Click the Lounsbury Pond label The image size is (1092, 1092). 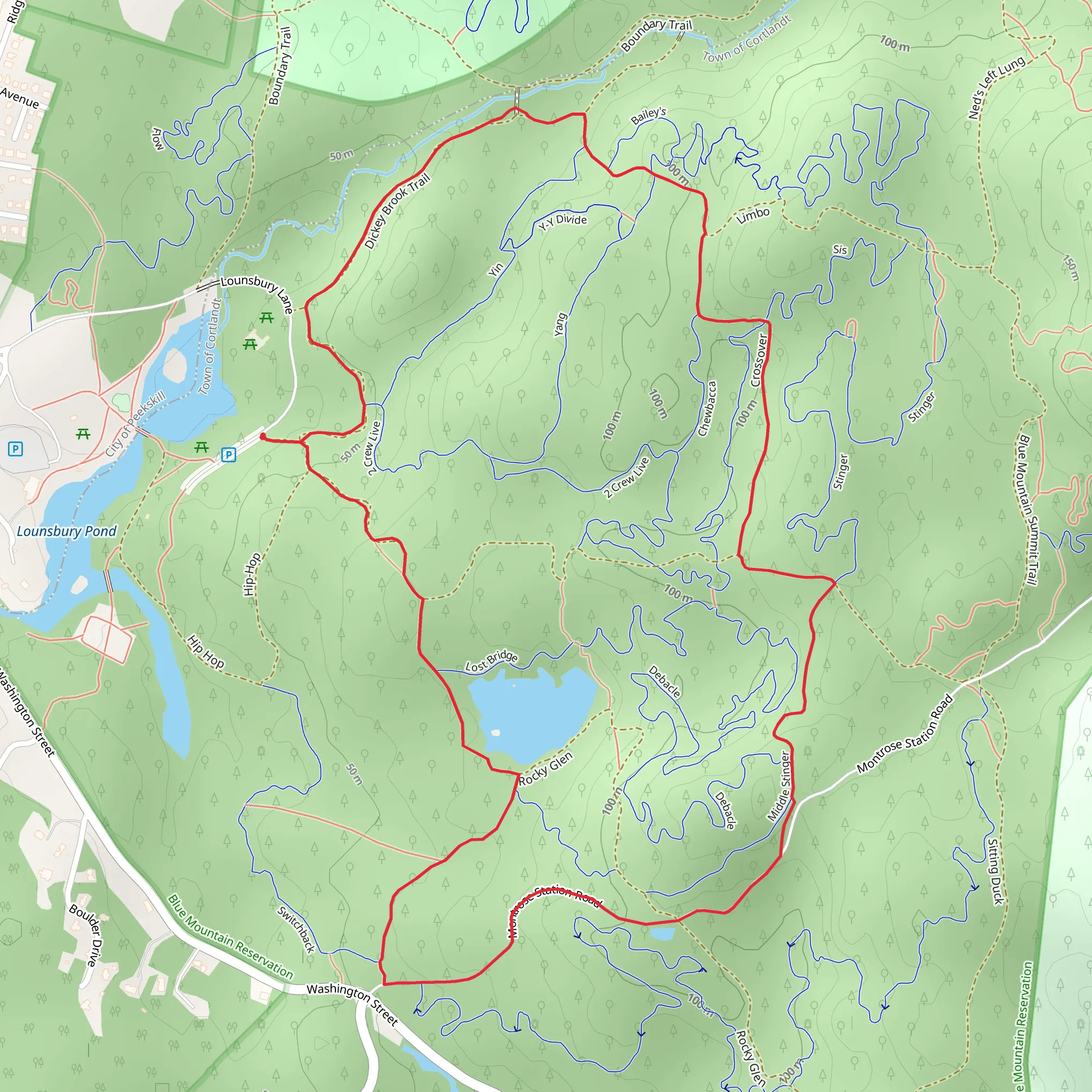pos(66,531)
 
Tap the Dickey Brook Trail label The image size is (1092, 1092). pos(397,211)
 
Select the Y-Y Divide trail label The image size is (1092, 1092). pos(563,222)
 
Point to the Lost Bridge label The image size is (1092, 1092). pos(491,661)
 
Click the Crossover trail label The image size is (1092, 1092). pos(759,360)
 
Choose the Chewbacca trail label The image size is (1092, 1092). pos(707,408)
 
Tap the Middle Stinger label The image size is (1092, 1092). pos(779,785)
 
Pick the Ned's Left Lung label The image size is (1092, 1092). pos(997,87)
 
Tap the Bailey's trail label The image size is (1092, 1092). pos(648,115)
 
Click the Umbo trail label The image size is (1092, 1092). pos(753,215)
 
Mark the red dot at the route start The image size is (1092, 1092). pos(263,436)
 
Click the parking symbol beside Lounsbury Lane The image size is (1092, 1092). pos(228,454)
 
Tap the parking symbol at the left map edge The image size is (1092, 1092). pos(15,449)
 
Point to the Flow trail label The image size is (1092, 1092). pos(158,139)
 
